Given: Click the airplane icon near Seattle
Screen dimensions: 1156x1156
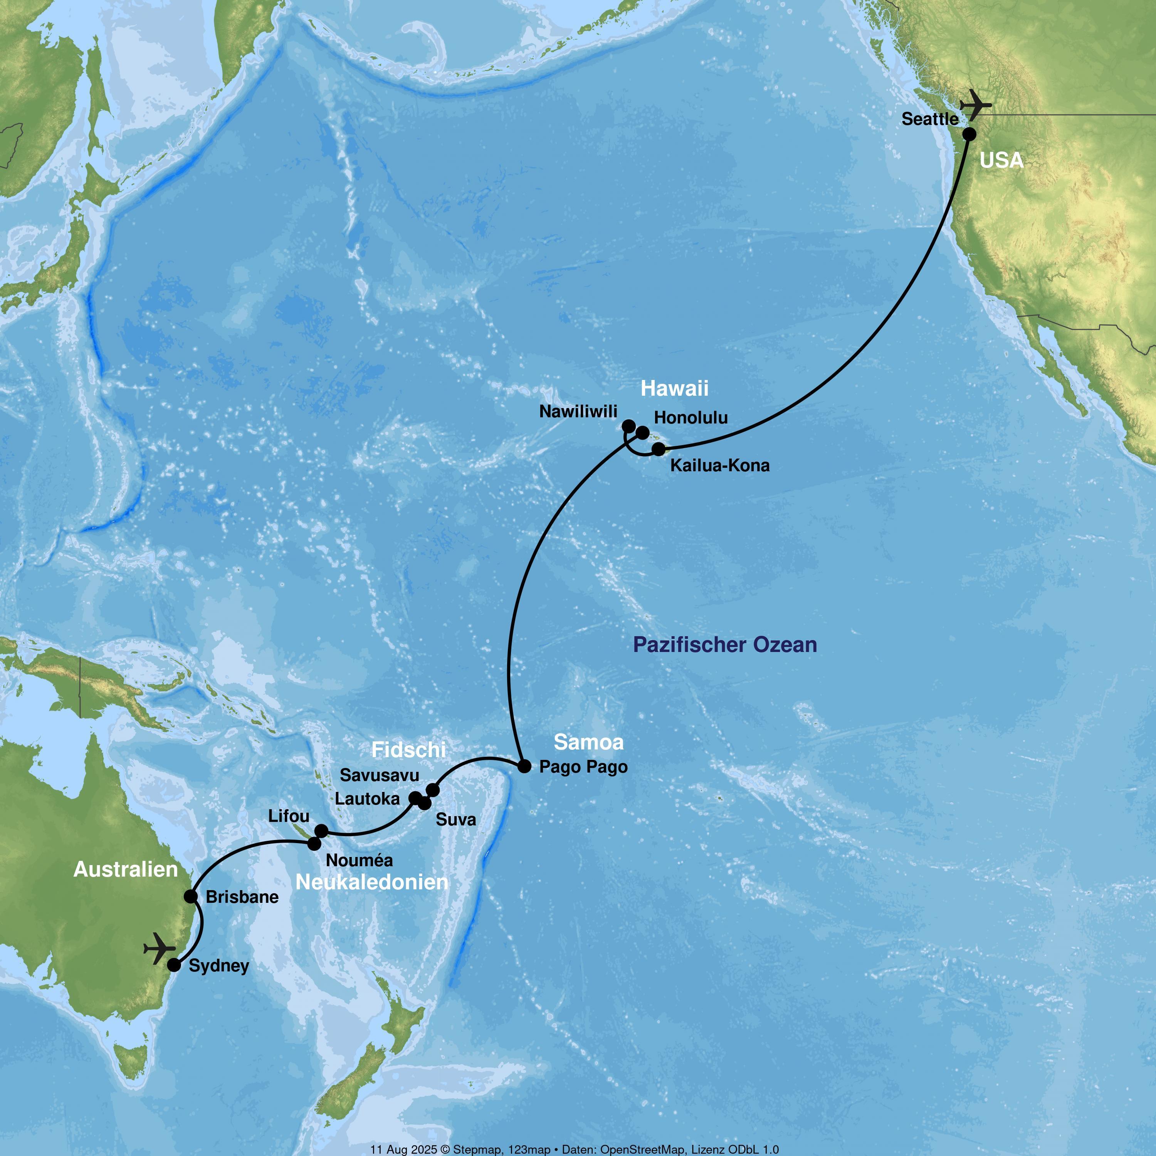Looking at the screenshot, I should [x=975, y=105].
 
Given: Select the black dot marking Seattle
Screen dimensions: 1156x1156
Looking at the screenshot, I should [x=969, y=134].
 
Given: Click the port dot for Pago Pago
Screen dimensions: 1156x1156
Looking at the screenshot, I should [x=524, y=766].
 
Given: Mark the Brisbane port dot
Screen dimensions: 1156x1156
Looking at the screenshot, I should [x=191, y=896].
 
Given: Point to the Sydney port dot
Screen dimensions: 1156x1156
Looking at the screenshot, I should [x=174, y=965].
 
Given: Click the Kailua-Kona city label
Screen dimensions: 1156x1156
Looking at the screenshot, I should [x=720, y=465].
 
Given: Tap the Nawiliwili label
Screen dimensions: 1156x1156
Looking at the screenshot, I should [x=578, y=412].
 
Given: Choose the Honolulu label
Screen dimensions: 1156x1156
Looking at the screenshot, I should [x=691, y=418].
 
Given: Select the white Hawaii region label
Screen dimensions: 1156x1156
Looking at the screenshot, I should [x=674, y=388].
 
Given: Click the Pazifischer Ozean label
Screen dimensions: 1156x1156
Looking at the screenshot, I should [x=724, y=645].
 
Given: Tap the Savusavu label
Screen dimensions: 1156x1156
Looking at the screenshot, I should [x=379, y=775].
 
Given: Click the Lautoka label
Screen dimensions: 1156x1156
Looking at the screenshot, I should [x=367, y=799].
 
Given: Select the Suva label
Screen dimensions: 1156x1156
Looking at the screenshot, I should [x=456, y=820].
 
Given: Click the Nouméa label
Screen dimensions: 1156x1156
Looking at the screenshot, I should [x=360, y=860].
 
